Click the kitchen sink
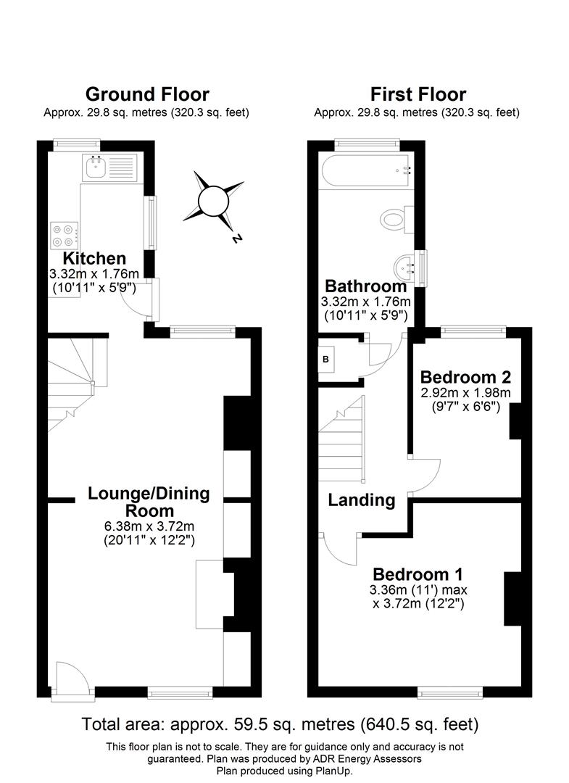[x=96, y=167]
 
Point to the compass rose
[x=214, y=201]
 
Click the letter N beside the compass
[x=236, y=239]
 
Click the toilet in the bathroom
[x=396, y=218]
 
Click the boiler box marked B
[x=325, y=359]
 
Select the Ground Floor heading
[x=147, y=94]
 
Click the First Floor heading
[x=418, y=94]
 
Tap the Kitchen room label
[x=94, y=258]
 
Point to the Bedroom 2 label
[x=465, y=377]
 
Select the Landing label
[x=361, y=500]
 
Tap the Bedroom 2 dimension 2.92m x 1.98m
[x=465, y=393]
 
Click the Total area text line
[x=280, y=724]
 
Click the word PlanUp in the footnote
[x=333, y=770]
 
